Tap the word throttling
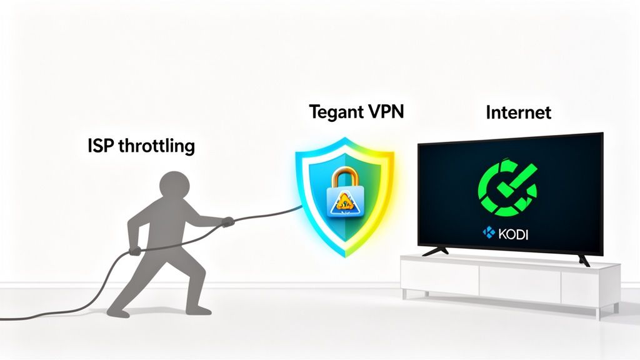pyautogui.click(x=156, y=147)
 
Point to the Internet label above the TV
pyautogui.click(x=519, y=112)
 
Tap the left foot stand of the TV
pyautogui.click(x=436, y=251)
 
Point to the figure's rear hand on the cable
pyautogui.click(x=134, y=251)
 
